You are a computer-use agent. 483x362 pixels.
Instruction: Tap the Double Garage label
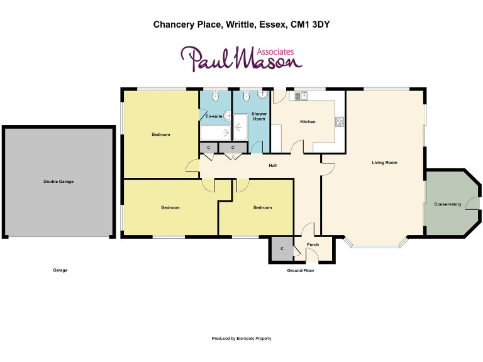click(x=58, y=182)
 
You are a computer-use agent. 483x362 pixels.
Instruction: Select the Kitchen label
click(x=308, y=121)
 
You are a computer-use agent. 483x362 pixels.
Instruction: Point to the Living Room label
click(x=384, y=163)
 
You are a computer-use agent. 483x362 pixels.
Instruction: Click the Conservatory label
click(x=448, y=204)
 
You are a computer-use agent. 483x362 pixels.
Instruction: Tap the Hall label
click(x=273, y=166)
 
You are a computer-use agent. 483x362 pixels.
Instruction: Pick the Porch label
click(x=313, y=244)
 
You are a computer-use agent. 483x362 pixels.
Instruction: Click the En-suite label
click(x=214, y=116)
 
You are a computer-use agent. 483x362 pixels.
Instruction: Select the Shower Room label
click(x=259, y=116)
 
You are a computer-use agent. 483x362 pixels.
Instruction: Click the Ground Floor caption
click(x=301, y=271)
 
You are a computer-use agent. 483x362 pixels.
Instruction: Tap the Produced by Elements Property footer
click(x=241, y=339)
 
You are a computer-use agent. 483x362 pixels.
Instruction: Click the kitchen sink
click(x=299, y=96)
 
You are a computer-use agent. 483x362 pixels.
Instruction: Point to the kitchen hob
click(x=340, y=121)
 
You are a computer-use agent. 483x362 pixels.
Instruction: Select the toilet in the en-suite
click(x=216, y=96)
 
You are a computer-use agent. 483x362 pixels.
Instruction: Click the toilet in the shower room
click(x=246, y=96)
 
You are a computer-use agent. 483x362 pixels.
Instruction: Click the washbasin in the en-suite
click(x=228, y=116)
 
